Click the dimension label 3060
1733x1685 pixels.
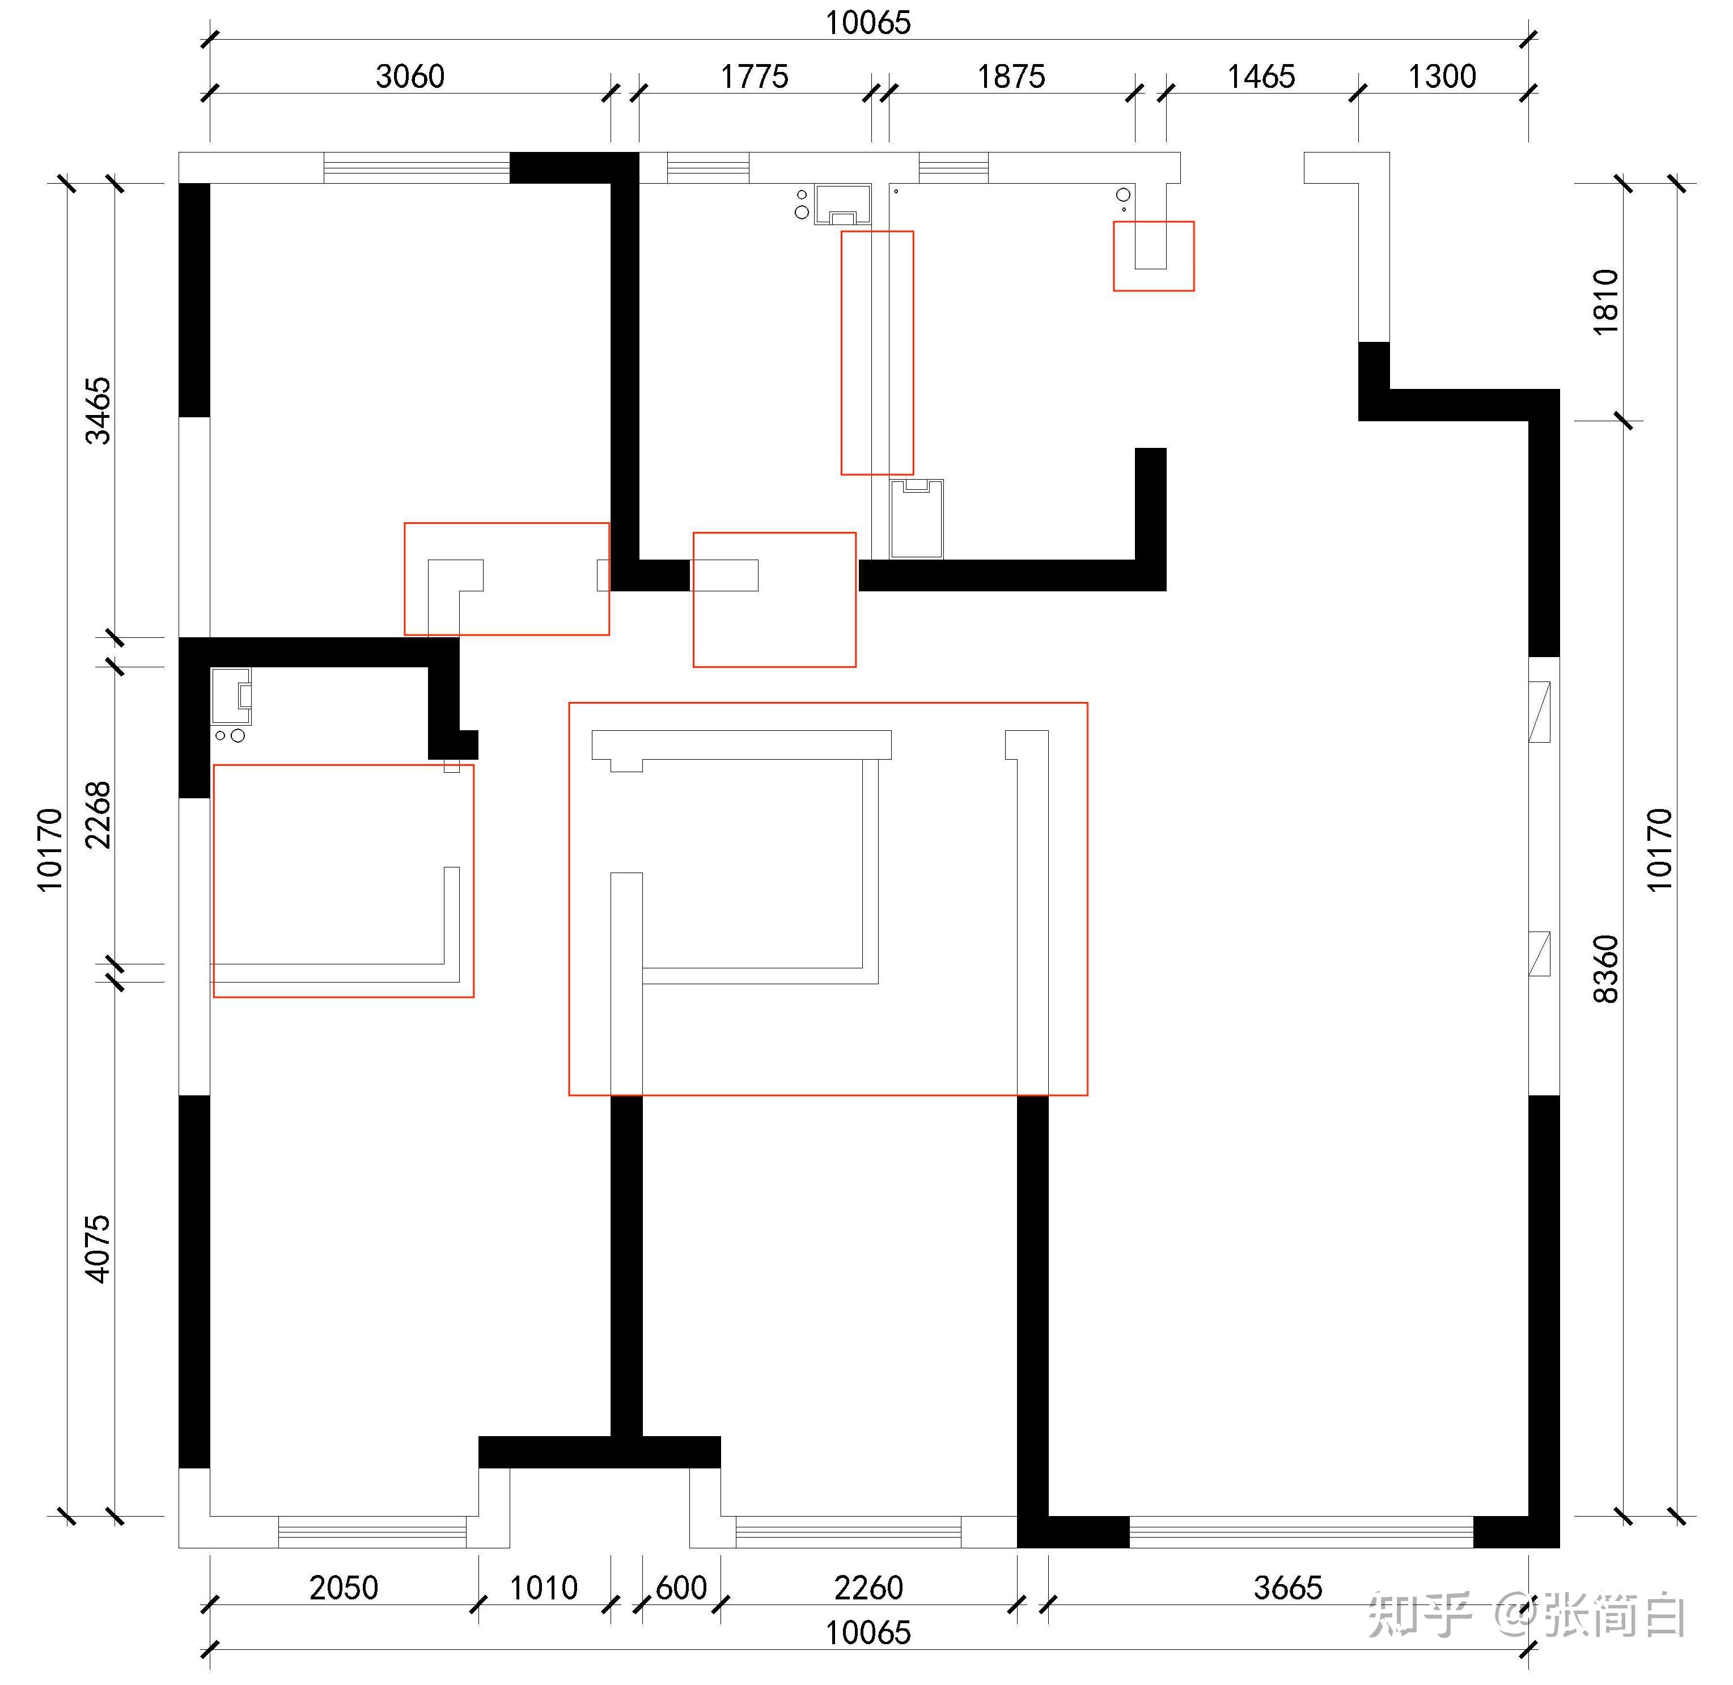click(x=410, y=76)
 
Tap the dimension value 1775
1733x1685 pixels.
click(x=754, y=76)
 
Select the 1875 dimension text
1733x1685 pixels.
click(x=1011, y=76)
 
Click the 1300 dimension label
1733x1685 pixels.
click(x=1442, y=76)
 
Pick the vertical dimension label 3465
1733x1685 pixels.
click(x=98, y=410)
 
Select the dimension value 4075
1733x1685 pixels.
click(x=98, y=1248)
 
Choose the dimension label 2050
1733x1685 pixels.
click(x=344, y=1587)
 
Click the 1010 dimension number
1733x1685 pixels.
click(x=544, y=1587)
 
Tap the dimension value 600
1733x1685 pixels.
click(x=681, y=1587)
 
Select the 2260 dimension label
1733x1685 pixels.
click(x=868, y=1587)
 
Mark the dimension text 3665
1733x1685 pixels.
click(x=1288, y=1587)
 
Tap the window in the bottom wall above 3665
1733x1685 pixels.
click(x=1301, y=1532)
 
